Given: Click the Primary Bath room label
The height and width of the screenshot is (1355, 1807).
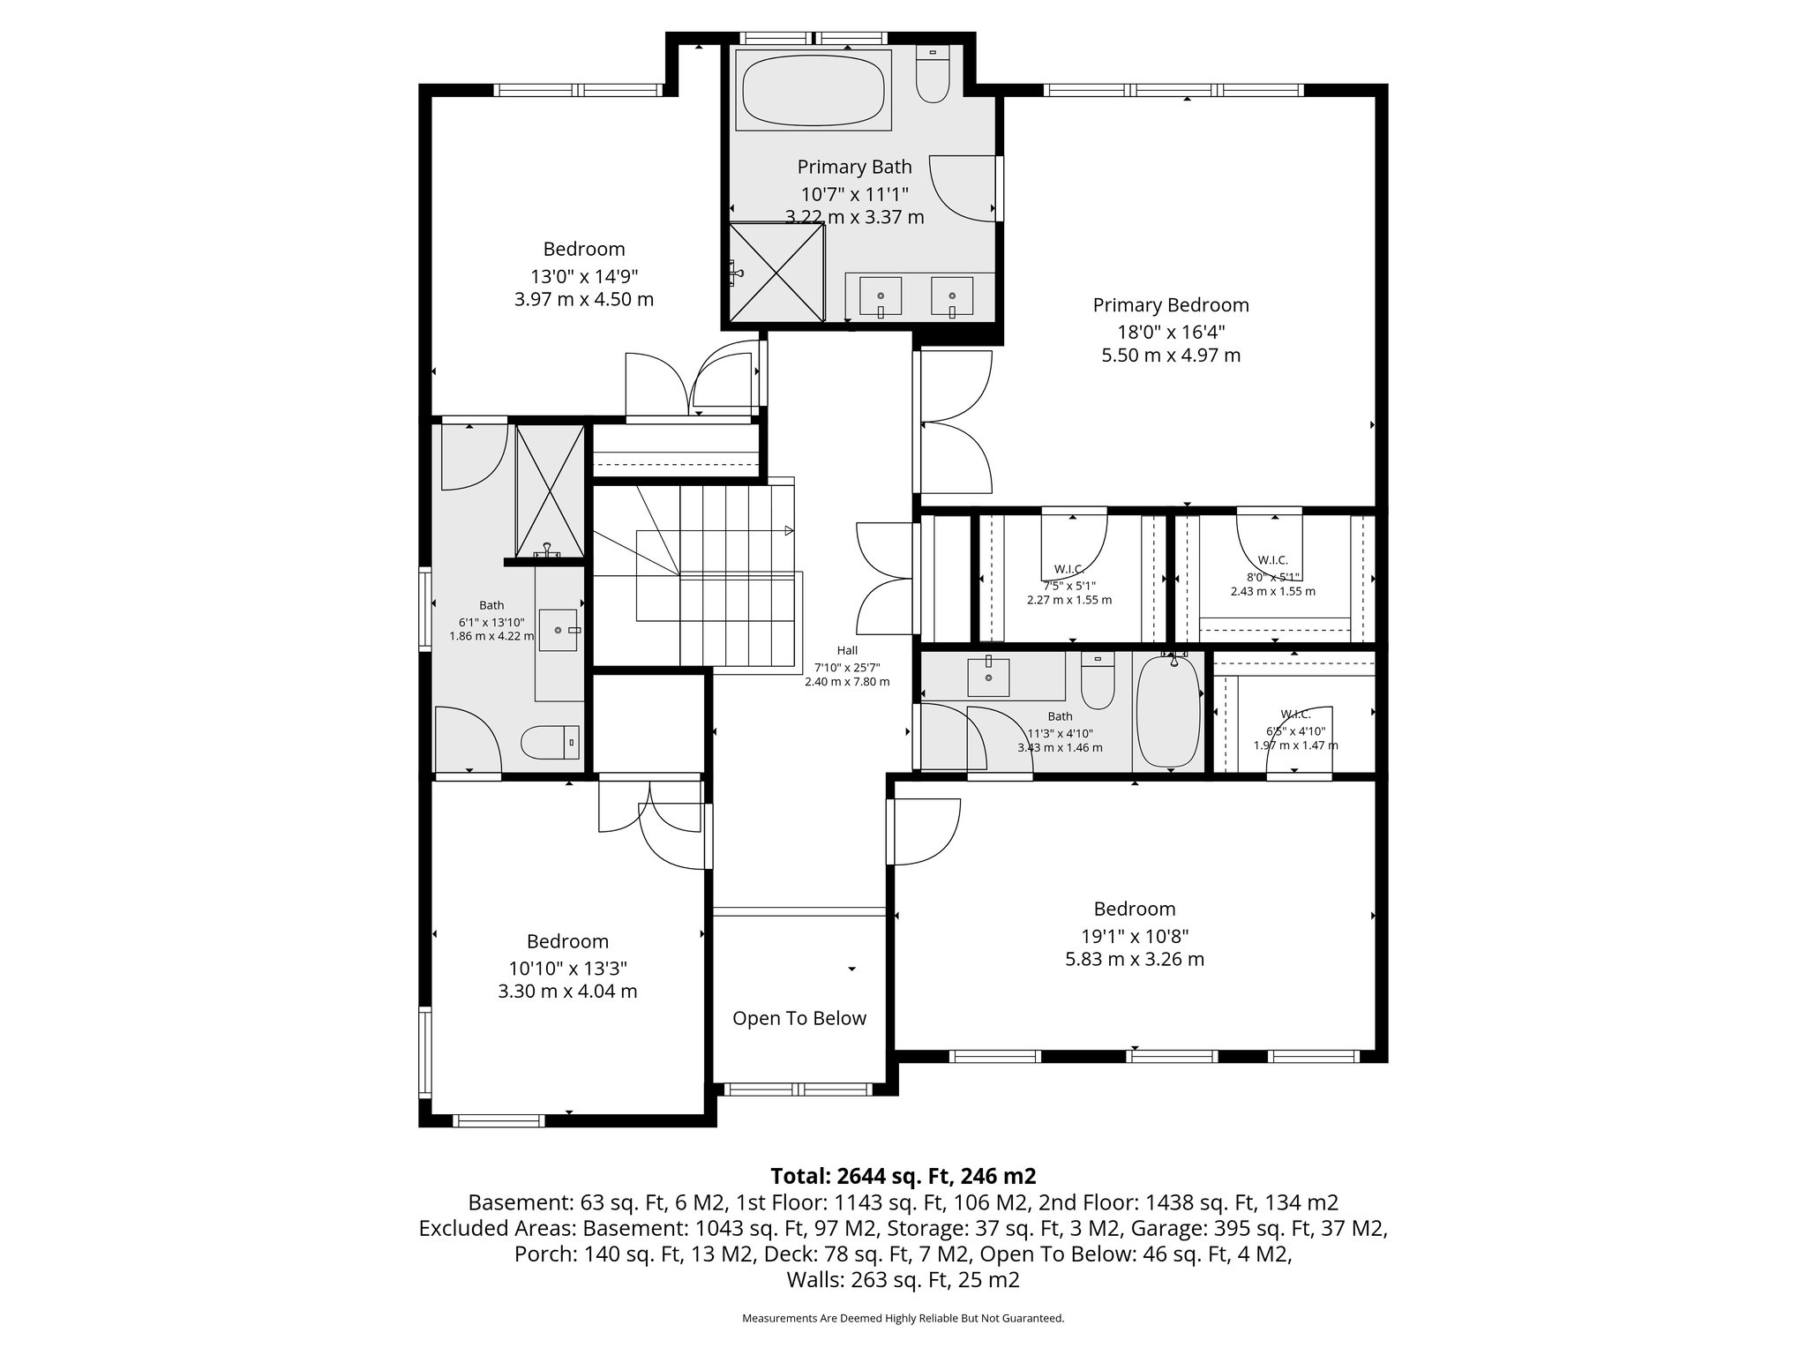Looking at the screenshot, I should click(854, 167).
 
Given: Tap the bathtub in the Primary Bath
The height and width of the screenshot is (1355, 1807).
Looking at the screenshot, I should click(813, 90).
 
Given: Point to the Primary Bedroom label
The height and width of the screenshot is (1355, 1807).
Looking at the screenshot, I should click(1171, 305).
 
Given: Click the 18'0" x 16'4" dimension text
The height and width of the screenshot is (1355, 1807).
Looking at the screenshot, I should click(1171, 331).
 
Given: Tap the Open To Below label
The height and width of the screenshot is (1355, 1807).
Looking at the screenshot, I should click(799, 1018).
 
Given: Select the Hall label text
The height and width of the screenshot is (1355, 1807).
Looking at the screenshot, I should click(847, 650).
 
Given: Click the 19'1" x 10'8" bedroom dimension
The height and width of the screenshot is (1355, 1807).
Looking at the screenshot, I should click(1135, 934).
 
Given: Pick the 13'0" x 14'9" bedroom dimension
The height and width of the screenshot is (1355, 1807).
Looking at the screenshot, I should click(584, 274).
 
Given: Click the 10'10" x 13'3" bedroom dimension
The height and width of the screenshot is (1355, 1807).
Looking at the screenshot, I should click(567, 967).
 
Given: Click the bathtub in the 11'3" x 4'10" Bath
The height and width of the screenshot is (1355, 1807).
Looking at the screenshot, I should click(1168, 712).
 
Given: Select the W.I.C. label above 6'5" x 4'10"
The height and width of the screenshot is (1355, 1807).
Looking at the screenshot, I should click(1295, 714).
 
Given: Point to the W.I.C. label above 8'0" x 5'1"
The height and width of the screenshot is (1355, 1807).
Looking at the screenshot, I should click(1272, 560).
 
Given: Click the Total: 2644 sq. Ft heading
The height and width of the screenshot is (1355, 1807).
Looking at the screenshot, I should click(903, 1176).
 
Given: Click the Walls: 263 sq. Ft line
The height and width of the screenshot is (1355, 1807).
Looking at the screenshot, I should click(903, 1280).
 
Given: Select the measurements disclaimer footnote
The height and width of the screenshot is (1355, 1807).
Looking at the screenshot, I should click(903, 1318).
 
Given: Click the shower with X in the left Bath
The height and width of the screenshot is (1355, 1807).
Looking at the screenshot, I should click(550, 490).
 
